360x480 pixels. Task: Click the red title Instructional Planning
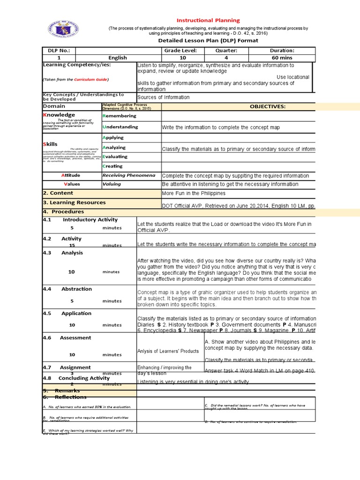[208, 21]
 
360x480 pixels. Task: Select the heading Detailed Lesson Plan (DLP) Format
[208, 41]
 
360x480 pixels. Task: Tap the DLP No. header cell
[59, 51]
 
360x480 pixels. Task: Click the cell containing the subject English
[118, 58]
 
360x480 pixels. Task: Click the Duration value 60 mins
[282, 58]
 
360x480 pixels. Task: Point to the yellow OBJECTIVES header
[268, 106]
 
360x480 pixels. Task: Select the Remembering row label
[120, 116]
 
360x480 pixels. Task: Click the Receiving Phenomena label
[129, 175]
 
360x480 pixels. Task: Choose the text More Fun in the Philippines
[194, 193]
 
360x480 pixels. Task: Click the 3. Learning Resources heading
[74, 202]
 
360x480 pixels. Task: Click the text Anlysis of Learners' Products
[168, 351]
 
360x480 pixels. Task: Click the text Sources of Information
[164, 97]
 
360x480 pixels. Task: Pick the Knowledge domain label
[59, 115]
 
